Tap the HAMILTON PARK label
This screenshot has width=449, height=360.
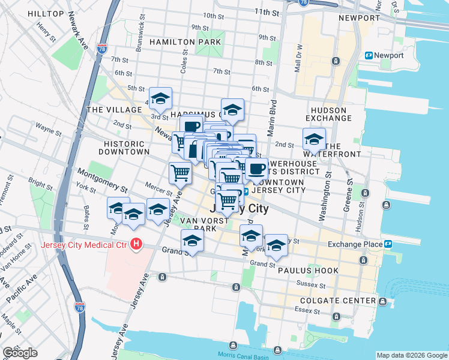click(x=185, y=42)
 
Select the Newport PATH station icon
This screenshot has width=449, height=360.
click(x=369, y=56)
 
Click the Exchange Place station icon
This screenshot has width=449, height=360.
click(x=388, y=244)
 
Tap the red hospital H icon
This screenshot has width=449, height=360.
click(x=136, y=244)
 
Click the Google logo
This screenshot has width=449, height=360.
click(x=20, y=353)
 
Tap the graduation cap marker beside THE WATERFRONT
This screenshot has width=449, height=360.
click(x=314, y=140)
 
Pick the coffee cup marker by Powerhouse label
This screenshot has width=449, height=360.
click(x=257, y=169)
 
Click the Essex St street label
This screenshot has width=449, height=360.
click(x=305, y=310)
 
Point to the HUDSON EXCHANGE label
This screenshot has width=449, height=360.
click(x=328, y=114)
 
